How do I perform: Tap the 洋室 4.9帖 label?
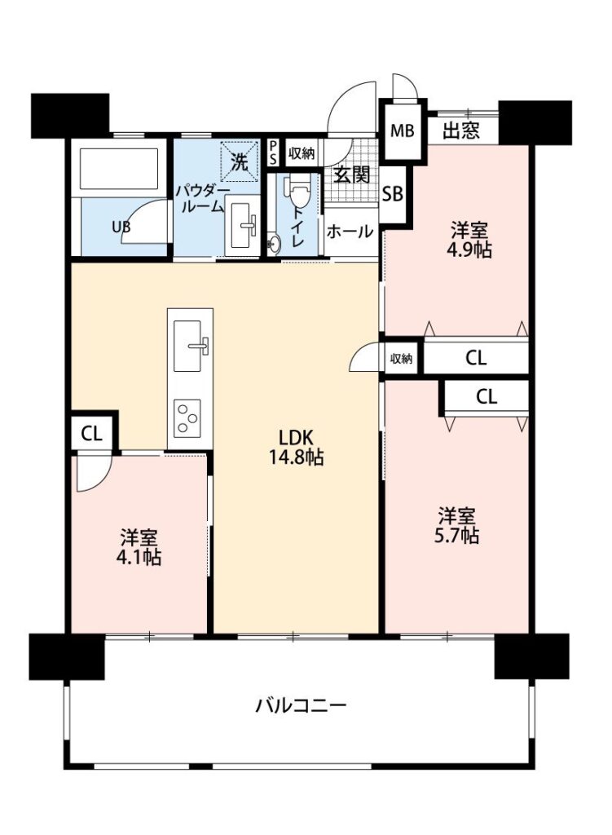point(470,241)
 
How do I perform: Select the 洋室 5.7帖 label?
point(457,526)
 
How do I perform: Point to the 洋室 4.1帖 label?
point(139,547)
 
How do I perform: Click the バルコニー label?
point(302,706)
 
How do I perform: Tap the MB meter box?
point(403,130)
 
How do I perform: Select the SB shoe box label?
point(394,194)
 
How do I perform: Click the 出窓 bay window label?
point(461,130)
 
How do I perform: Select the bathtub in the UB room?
point(119,168)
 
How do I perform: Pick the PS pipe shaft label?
point(273,153)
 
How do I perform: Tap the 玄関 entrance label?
point(352,175)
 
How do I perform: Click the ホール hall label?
point(350,232)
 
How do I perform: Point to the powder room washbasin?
point(243,225)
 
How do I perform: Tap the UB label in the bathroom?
point(121,227)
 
